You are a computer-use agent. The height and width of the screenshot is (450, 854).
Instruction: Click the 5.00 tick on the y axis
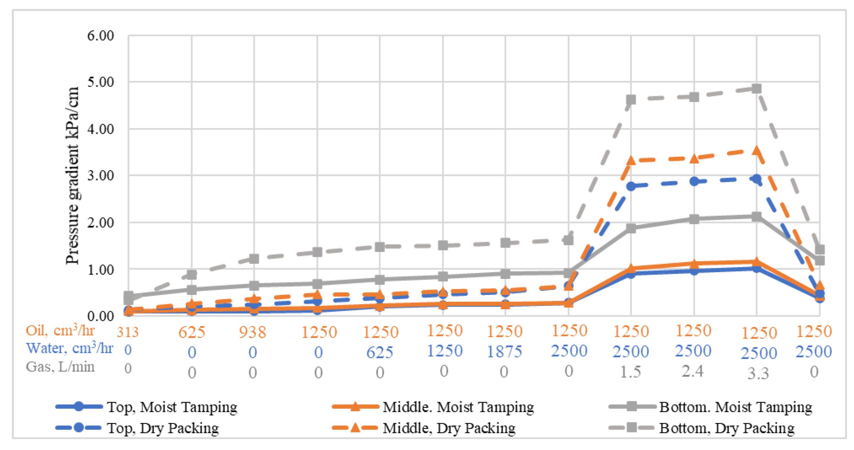click(x=101, y=82)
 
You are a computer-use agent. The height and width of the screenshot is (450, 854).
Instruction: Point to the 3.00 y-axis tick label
click(x=101, y=175)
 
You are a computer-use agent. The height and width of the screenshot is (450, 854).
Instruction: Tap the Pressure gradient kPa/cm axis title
click(x=72, y=175)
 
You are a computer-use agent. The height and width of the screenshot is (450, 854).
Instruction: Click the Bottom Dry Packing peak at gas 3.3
click(x=756, y=89)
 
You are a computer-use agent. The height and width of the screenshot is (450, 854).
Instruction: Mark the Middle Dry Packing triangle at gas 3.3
click(x=756, y=151)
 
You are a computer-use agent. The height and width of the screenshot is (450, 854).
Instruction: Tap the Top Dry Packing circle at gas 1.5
click(x=631, y=186)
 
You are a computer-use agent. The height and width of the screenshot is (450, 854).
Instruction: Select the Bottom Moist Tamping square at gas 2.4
click(x=694, y=219)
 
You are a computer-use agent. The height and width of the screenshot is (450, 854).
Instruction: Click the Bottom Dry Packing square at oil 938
click(x=254, y=258)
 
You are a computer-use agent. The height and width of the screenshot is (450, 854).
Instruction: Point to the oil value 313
click(x=128, y=332)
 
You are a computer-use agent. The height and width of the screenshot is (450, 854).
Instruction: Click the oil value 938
click(x=253, y=332)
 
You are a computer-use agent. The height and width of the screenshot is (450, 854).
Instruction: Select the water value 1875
click(x=504, y=351)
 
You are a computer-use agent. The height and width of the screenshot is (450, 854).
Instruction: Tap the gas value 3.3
click(x=758, y=374)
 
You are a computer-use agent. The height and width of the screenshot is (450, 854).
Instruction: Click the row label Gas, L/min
click(x=60, y=367)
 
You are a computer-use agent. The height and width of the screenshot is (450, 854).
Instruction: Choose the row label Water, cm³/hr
click(x=69, y=348)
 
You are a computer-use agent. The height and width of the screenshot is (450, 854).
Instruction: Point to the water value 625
click(x=380, y=352)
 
